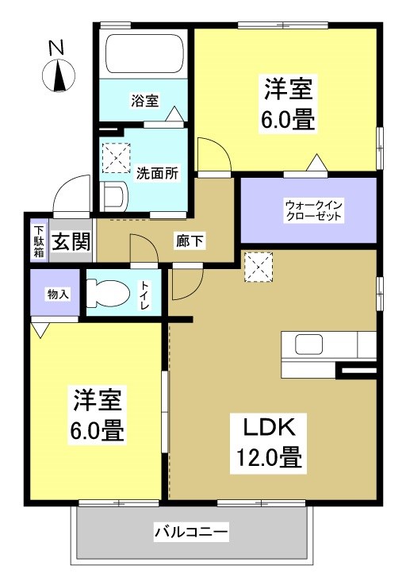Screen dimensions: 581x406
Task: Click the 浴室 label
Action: tap(145, 101)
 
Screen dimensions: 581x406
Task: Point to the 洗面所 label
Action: tap(156, 171)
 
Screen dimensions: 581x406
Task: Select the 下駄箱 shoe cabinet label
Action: tap(38, 241)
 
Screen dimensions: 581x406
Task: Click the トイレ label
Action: tap(146, 294)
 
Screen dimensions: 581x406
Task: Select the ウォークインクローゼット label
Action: tap(308, 210)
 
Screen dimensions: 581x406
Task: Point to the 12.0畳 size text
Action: tap(268, 458)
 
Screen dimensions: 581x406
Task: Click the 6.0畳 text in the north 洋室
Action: tap(289, 120)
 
